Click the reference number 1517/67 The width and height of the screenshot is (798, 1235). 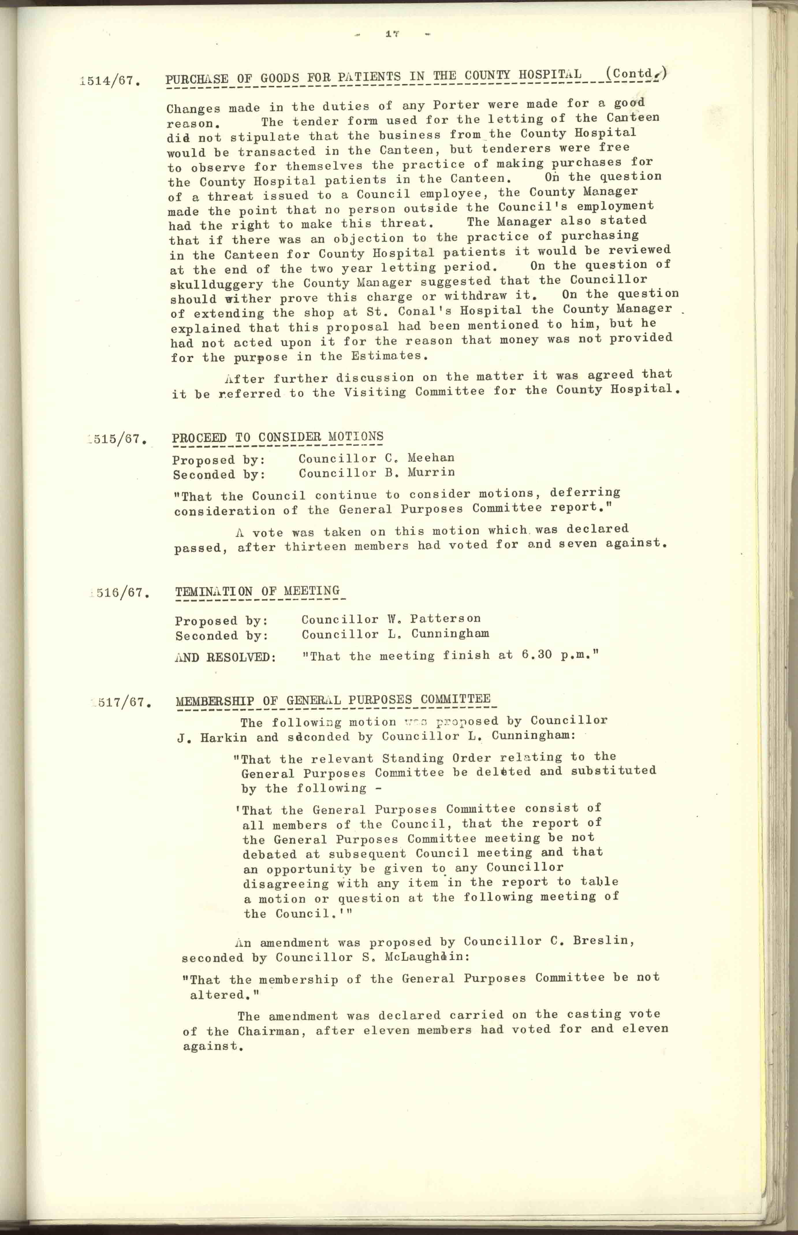click(x=122, y=703)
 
